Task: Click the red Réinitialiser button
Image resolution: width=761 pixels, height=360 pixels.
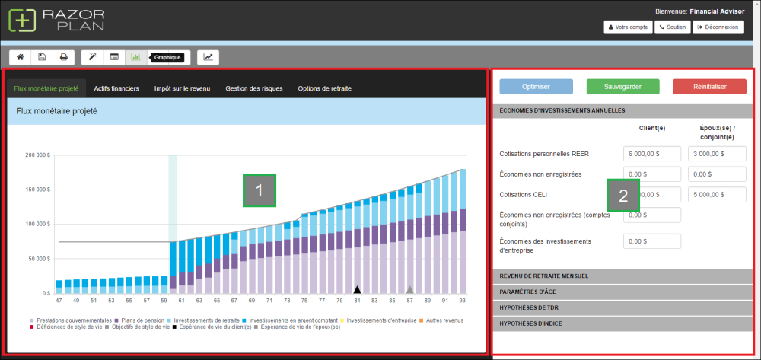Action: (709, 87)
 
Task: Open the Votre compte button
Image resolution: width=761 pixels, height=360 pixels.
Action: (628, 27)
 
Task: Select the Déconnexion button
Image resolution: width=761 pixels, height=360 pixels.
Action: (718, 27)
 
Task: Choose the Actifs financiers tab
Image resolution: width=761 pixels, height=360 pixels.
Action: (116, 88)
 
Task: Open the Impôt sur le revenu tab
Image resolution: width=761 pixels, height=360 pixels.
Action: (182, 88)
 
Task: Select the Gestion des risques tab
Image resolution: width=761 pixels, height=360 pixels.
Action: (253, 88)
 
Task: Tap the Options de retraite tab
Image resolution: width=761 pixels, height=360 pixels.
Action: (324, 88)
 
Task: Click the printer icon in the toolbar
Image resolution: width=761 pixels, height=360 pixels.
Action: (64, 57)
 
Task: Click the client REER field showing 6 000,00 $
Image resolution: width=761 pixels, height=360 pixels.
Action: (651, 154)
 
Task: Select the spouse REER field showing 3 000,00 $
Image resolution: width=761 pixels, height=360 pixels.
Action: (716, 154)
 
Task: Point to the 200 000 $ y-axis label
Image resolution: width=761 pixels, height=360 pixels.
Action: (37, 155)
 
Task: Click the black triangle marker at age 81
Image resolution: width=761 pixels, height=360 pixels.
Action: (356, 289)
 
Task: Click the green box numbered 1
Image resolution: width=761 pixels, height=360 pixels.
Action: (259, 190)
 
